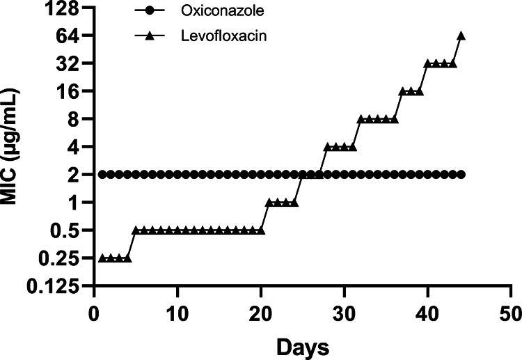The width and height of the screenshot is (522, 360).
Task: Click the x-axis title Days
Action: click(302, 345)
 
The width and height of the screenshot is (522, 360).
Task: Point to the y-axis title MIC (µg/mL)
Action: click(13, 148)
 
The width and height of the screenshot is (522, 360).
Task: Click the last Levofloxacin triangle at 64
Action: click(461, 36)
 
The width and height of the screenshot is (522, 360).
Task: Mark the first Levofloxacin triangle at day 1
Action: click(103, 258)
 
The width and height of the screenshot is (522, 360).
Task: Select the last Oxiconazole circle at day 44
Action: click(461, 174)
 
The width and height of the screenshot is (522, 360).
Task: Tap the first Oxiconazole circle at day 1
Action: click(103, 174)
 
